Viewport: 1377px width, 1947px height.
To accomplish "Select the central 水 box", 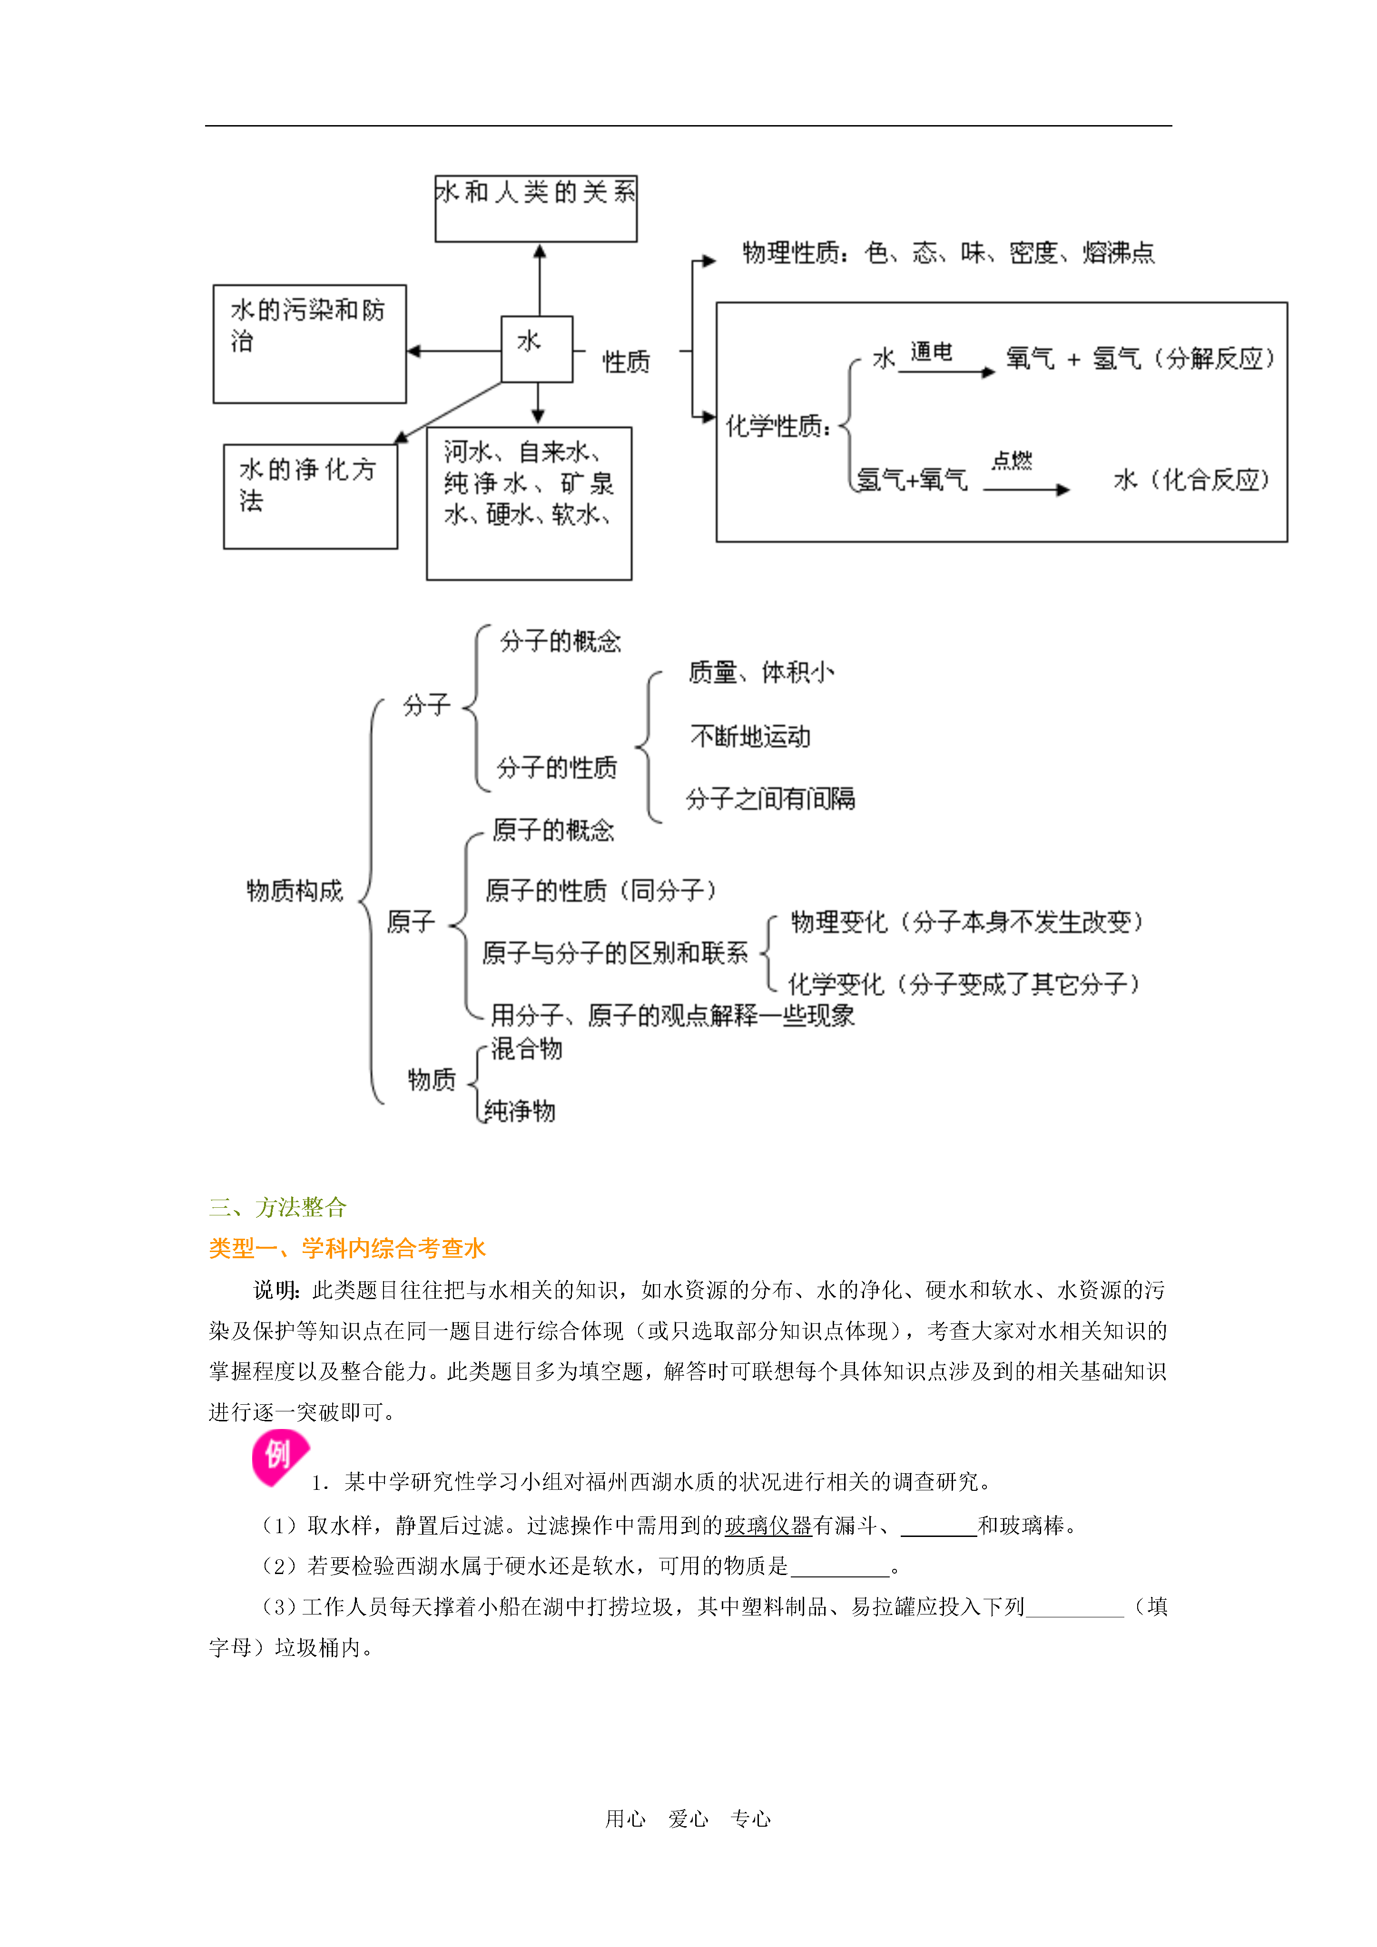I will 536,349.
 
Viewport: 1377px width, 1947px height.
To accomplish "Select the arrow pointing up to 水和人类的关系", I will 540,280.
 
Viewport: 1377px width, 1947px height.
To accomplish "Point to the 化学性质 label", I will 777,426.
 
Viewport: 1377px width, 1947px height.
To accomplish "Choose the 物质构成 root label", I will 295,890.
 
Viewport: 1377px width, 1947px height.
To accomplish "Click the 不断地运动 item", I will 750,736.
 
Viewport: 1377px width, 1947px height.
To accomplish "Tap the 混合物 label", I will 526,1049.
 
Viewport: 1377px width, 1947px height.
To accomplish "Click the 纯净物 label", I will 519,1110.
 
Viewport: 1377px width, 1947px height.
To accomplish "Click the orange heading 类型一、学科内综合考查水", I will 347,1248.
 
